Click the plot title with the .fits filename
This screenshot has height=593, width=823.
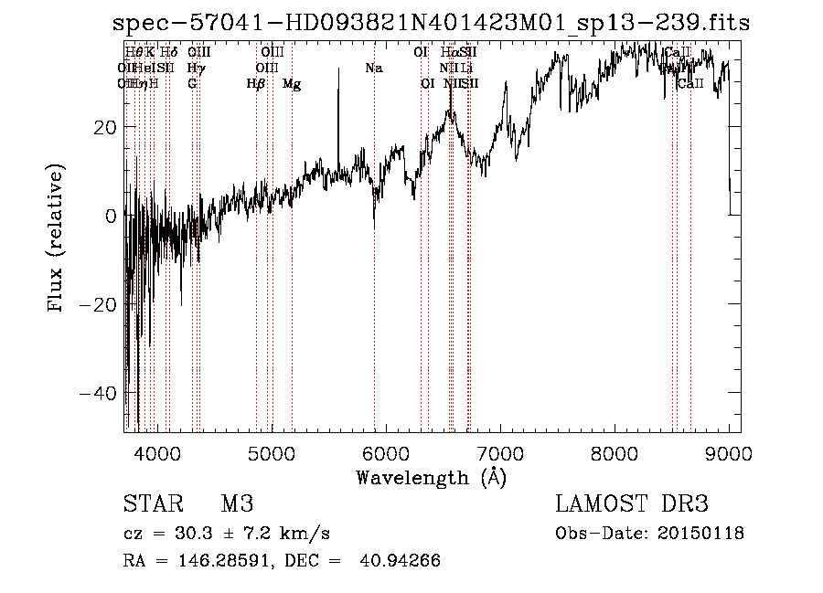coord(431,24)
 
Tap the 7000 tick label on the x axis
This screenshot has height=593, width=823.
coord(500,452)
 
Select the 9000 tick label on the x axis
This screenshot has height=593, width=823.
coord(729,452)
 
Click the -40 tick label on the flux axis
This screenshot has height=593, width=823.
coord(97,393)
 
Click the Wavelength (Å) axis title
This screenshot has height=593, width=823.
coord(431,477)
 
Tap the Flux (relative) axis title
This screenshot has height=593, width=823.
coord(57,240)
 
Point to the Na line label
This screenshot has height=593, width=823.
coord(373,69)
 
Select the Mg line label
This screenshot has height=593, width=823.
coord(292,84)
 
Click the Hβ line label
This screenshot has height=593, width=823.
coord(256,84)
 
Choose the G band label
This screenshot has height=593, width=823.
coord(192,84)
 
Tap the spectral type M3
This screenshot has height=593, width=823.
coord(236,504)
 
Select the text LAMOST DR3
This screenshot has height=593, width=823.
coord(631,504)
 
